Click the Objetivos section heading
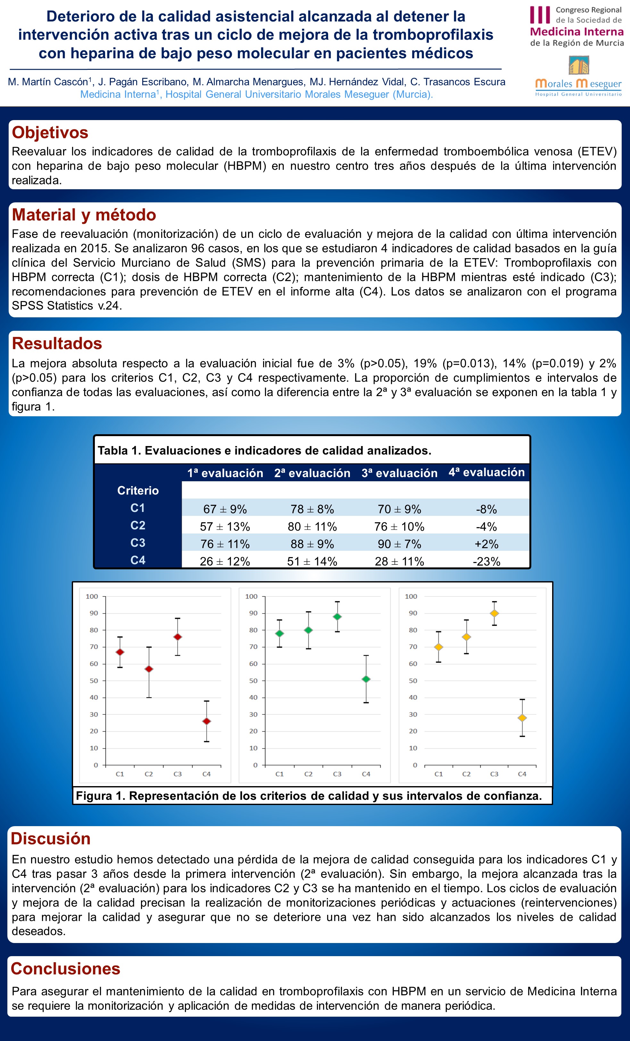coord(50,133)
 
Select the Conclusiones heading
coord(66,968)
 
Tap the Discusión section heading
coord(51,839)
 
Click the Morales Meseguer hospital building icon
coord(578,66)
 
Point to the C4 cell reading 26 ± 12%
coord(225,561)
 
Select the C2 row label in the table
coord(138,525)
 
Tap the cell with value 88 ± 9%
coord(312,544)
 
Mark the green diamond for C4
coord(366,679)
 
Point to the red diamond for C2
coord(149,669)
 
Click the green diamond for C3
coord(337,616)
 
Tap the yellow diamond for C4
coord(522,718)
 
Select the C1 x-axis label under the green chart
coord(279,774)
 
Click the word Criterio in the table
coord(138,491)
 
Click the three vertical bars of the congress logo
coord(540,15)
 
